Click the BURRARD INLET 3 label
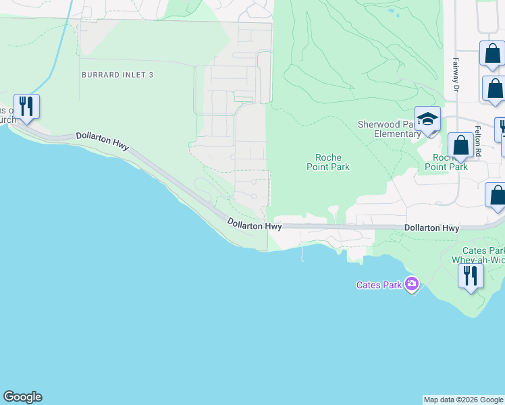pos(117,75)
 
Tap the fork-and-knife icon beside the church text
pos(26,107)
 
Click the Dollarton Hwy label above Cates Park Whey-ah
pos(432,229)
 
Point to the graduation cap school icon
pos(427,120)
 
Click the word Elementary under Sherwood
pos(398,134)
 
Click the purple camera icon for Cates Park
pos(411,284)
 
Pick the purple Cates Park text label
pos(379,285)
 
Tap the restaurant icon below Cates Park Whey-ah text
pos(471,276)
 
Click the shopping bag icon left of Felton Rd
pos(461,146)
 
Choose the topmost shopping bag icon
pos(492,55)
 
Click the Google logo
pos(22,397)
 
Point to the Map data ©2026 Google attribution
pos(464,400)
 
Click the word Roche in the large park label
pos(328,157)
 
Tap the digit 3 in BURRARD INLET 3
pos(151,75)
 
